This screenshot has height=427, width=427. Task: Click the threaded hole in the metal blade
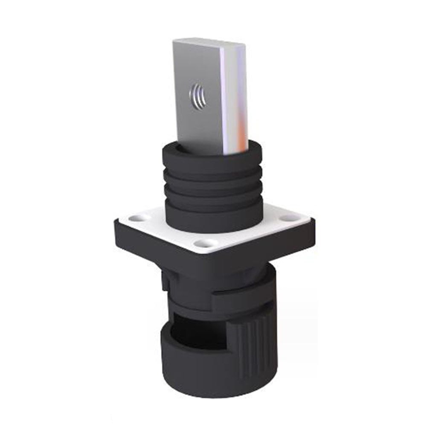pos(196,92)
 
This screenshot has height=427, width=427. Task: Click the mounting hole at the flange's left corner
pos(137,218)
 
